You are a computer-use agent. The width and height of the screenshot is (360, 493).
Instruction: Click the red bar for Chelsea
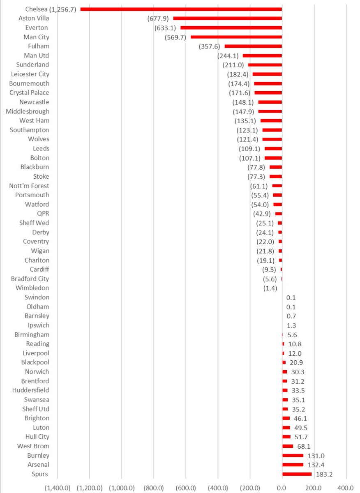(x=181, y=9)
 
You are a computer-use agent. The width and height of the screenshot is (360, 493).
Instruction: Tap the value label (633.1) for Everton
(x=165, y=28)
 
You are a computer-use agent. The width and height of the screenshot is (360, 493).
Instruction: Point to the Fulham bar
(x=253, y=46)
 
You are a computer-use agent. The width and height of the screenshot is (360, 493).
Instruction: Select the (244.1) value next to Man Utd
(x=228, y=55)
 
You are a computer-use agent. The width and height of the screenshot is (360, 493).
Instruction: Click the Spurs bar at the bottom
(x=297, y=474)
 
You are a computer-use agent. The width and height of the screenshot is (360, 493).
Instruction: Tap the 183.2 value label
(x=323, y=474)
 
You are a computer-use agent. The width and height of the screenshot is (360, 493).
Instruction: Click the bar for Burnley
(x=293, y=455)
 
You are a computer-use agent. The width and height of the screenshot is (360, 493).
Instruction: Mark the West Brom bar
(x=288, y=446)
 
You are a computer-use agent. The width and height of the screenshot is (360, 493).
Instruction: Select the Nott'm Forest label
(x=29, y=186)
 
